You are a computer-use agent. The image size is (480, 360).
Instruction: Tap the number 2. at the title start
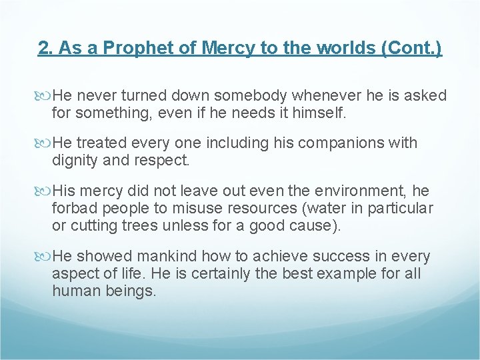click(45, 49)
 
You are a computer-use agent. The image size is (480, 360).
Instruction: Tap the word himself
click(319, 113)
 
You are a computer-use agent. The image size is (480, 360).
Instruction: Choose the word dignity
click(75, 161)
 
